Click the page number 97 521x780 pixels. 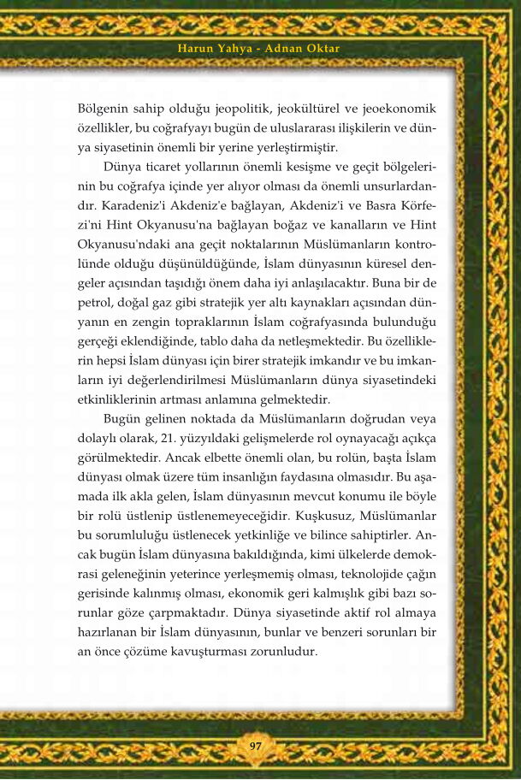pyautogui.click(x=255, y=746)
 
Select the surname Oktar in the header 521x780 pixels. pyautogui.click(x=322, y=49)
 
